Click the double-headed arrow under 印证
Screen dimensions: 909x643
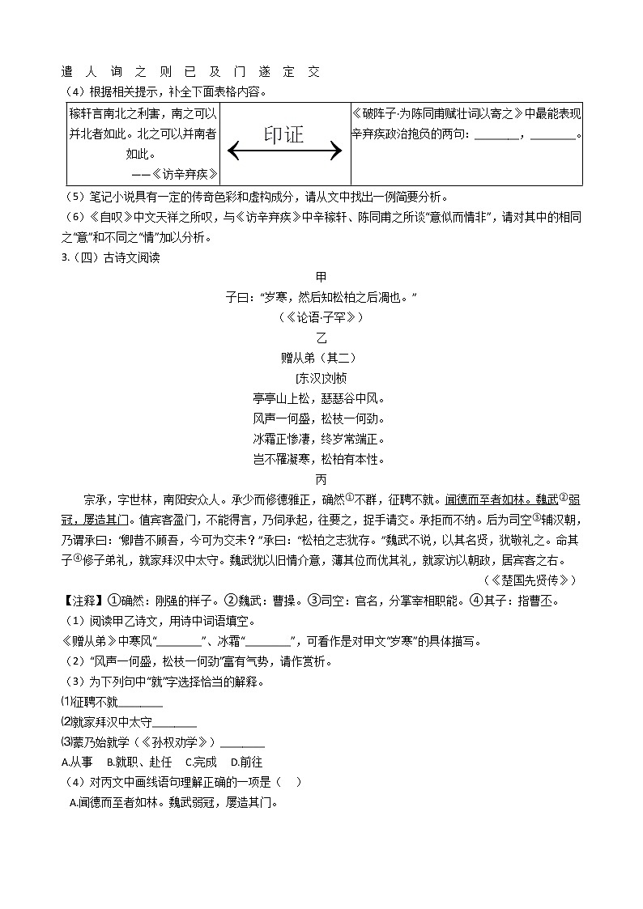(285, 151)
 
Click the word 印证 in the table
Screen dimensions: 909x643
(283, 134)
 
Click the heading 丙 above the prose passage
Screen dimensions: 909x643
(321, 479)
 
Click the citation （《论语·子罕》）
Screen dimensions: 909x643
(321, 316)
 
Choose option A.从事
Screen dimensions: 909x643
(77, 762)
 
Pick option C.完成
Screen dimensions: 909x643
(201, 762)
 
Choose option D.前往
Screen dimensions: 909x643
(246, 762)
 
